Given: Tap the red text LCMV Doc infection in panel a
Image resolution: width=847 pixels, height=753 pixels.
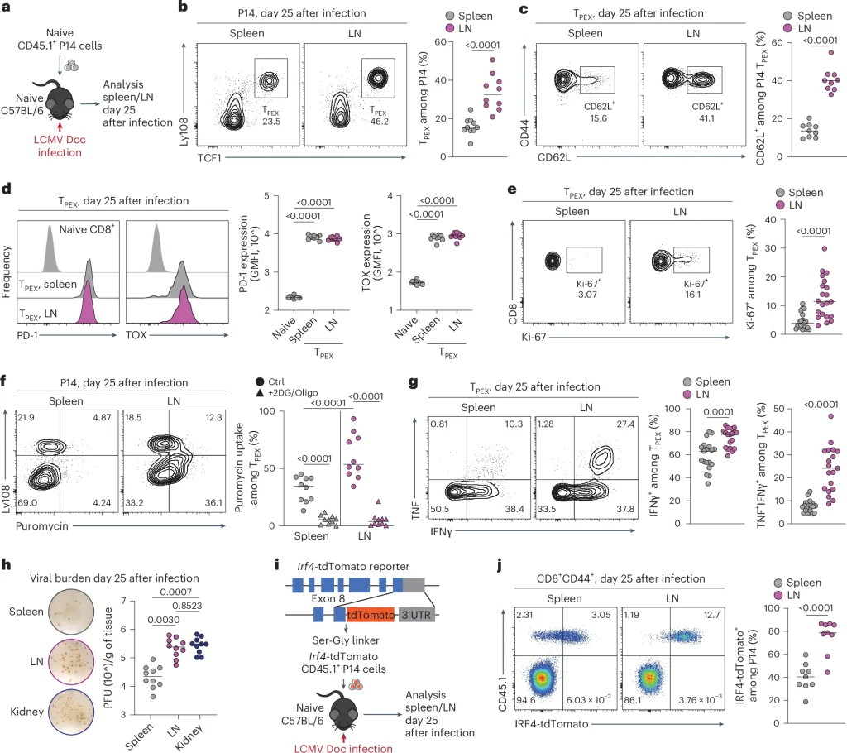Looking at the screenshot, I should pyautogui.click(x=54, y=147).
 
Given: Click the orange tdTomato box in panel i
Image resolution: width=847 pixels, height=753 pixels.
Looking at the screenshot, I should pyautogui.click(x=369, y=616).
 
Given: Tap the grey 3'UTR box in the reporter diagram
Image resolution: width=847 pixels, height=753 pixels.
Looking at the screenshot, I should pyautogui.click(x=411, y=616).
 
